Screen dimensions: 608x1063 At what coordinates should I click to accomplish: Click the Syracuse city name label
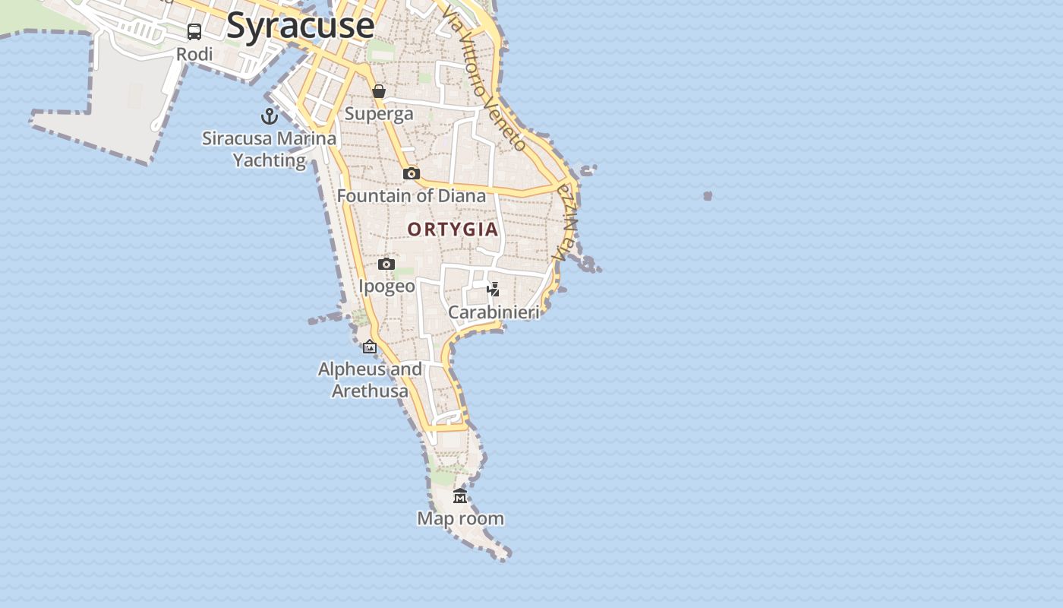pos(301,26)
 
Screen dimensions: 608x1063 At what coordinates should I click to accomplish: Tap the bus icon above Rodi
pos(194,31)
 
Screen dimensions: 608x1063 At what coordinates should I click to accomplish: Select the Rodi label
pos(194,55)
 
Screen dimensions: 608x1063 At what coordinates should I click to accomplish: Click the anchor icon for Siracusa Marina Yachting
pos(270,116)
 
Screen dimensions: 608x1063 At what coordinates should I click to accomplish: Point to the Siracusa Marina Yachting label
pos(269,150)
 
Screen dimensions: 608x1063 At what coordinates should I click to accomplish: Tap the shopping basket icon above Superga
pos(379,91)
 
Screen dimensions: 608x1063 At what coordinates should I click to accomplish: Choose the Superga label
pos(379,114)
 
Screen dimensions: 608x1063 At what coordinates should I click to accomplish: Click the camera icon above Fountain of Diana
pos(412,173)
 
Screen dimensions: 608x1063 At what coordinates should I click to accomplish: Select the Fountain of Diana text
pos(411,196)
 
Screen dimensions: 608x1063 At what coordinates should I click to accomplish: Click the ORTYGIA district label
pos(453,230)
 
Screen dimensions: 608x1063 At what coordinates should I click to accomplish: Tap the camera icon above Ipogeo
pos(386,264)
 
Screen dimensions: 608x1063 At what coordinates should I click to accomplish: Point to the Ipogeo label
pos(386,287)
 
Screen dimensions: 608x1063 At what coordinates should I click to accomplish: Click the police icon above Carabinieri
pos(494,289)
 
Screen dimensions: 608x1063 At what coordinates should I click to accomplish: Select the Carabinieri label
pos(494,312)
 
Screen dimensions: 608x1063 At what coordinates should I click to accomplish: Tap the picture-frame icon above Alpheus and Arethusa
pos(370,347)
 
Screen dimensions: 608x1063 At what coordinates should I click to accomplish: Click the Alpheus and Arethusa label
pos(370,380)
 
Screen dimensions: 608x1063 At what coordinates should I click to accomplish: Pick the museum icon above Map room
pos(460,496)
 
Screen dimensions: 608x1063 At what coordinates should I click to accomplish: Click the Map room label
pos(460,519)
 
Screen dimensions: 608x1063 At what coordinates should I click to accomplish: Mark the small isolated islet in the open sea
pos(708,196)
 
